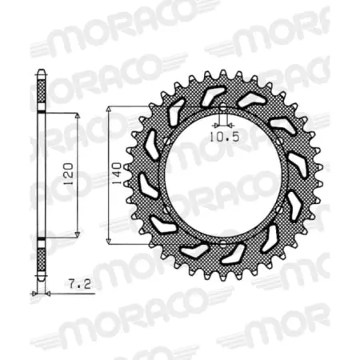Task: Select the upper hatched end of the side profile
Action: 41,94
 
